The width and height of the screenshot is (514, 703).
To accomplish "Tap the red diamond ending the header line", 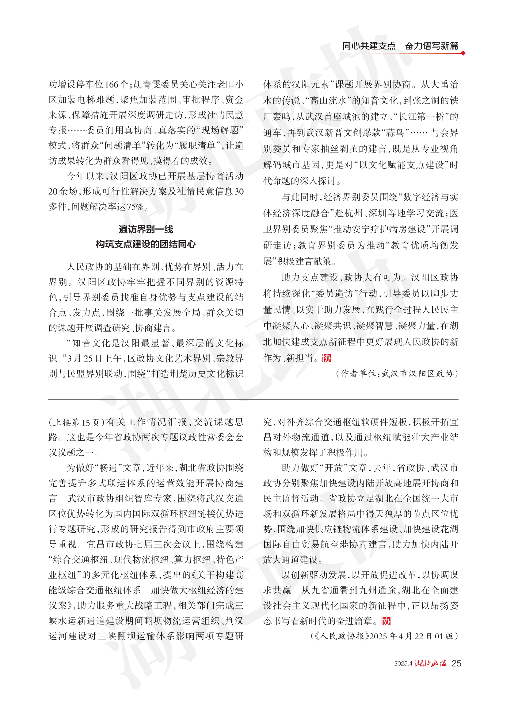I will coord(463,53).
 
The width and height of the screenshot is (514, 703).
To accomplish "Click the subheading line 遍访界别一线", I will coord(146,230).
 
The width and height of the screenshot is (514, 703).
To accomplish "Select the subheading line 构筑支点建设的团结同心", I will coord(146,245).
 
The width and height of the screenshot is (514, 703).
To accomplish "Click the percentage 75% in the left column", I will coord(135,207).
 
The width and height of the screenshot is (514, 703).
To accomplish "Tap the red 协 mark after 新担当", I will coord(327,358).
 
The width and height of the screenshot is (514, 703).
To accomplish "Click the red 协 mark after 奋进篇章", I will coord(386,621).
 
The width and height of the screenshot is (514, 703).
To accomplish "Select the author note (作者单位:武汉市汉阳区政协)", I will coord(397,373).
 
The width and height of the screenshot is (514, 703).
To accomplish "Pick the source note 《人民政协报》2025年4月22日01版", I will coord(385,636).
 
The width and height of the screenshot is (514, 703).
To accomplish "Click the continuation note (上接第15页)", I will coord(77,422).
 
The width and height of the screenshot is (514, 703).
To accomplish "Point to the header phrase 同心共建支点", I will coord(369,46).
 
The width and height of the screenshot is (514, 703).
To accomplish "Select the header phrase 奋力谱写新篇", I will coord(432,46).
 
